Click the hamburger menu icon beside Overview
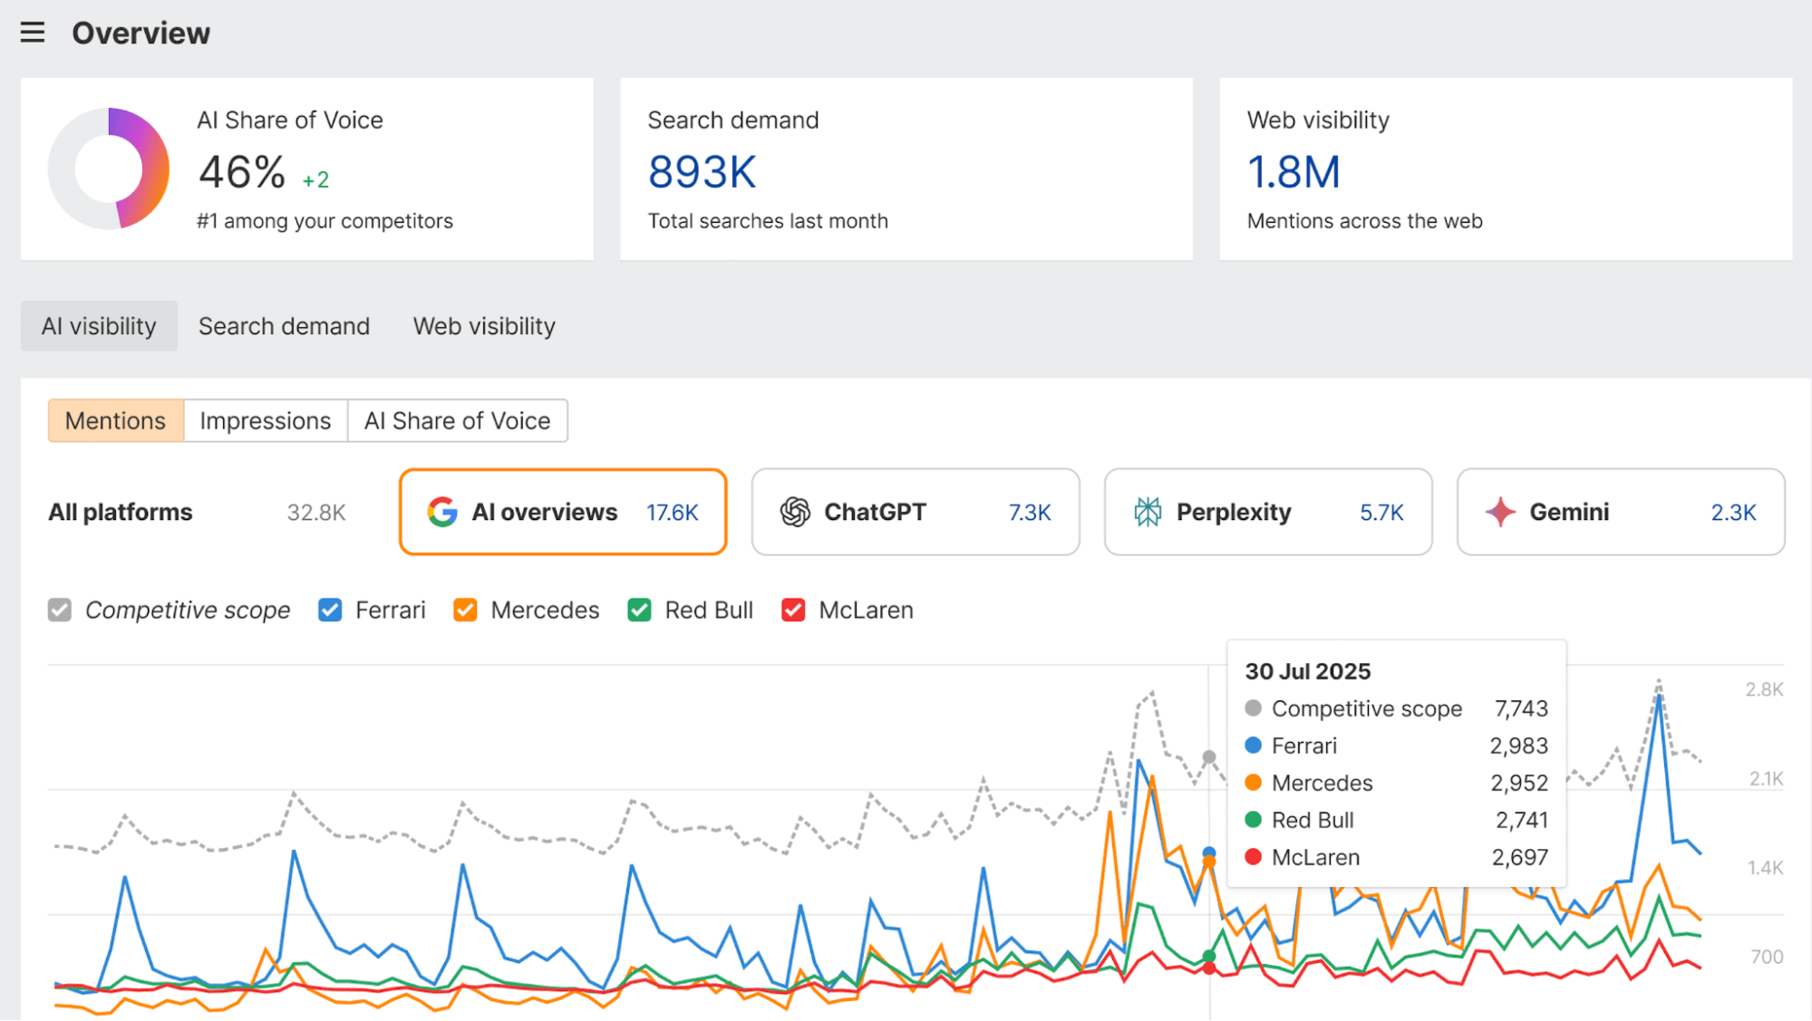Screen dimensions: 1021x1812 [x=33, y=33]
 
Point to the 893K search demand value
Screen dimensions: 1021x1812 [x=702, y=172]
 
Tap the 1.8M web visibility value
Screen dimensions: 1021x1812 [x=1293, y=172]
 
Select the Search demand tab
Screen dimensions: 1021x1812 [x=284, y=326]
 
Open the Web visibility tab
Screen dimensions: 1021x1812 [x=484, y=326]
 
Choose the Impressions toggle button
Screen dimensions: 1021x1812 [x=265, y=420]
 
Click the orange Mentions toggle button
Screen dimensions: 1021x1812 [x=115, y=420]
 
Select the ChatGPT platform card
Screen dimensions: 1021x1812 [x=915, y=512]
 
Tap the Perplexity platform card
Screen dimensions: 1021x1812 [x=1267, y=512]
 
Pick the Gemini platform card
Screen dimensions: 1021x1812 [x=1620, y=512]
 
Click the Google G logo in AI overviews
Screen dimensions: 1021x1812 [x=442, y=512]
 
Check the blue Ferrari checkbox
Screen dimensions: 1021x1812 [x=330, y=610]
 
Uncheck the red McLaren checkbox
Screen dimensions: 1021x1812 [x=793, y=610]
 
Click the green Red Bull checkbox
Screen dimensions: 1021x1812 [x=639, y=610]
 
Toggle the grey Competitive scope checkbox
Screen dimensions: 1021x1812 [x=60, y=610]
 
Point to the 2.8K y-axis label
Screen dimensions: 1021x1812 [x=1763, y=689]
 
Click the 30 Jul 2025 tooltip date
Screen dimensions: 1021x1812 [x=1307, y=671]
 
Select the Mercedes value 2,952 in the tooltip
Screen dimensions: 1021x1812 [x=1518, y=783]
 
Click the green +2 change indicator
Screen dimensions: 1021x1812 [x=315, y=180]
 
